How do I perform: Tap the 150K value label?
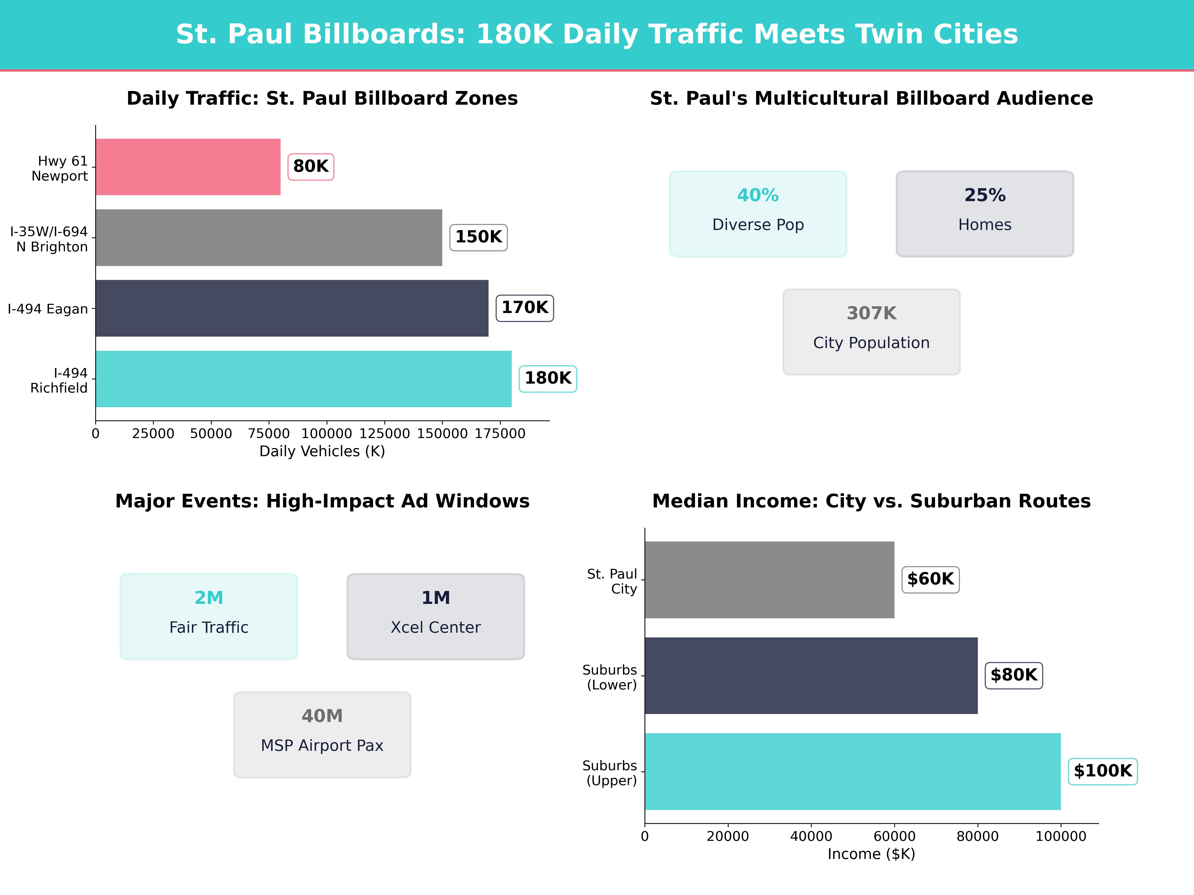(478, 237)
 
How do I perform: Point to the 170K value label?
(525, 308)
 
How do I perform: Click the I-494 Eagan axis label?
(48, 309)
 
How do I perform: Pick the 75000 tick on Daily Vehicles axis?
(269, 434)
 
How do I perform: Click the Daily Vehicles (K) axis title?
(322, 451)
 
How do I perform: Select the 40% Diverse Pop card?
(758, 214)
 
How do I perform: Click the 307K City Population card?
(871, 332)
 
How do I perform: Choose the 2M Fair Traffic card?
(209, 616)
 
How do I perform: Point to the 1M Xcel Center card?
(436, 616)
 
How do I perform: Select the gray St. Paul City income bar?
(769, 580)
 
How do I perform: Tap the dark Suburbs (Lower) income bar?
(811, 675)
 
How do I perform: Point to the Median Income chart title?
(871, 501)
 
